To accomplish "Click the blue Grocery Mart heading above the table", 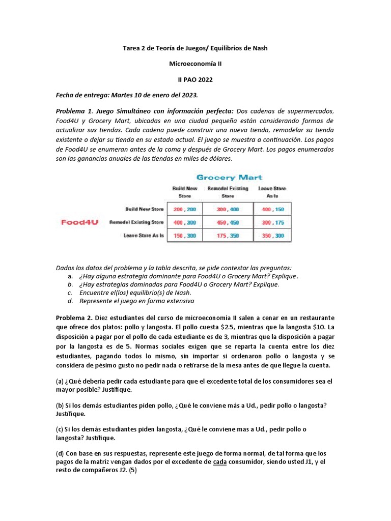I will point(229,177).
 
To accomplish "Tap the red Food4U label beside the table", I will point(80,222).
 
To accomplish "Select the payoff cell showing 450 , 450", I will point(228,222).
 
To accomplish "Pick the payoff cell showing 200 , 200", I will point(184,209).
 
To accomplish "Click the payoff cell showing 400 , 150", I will point(273,209).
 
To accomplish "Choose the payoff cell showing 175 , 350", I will point(228,236).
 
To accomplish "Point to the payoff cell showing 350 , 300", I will point(273,236).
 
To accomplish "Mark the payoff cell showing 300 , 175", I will point(273,222).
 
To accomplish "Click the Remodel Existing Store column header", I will point(228,191).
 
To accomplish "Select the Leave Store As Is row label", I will point(141,236).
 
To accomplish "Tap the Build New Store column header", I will point(184,191).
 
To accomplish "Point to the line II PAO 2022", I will point(195,79).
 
